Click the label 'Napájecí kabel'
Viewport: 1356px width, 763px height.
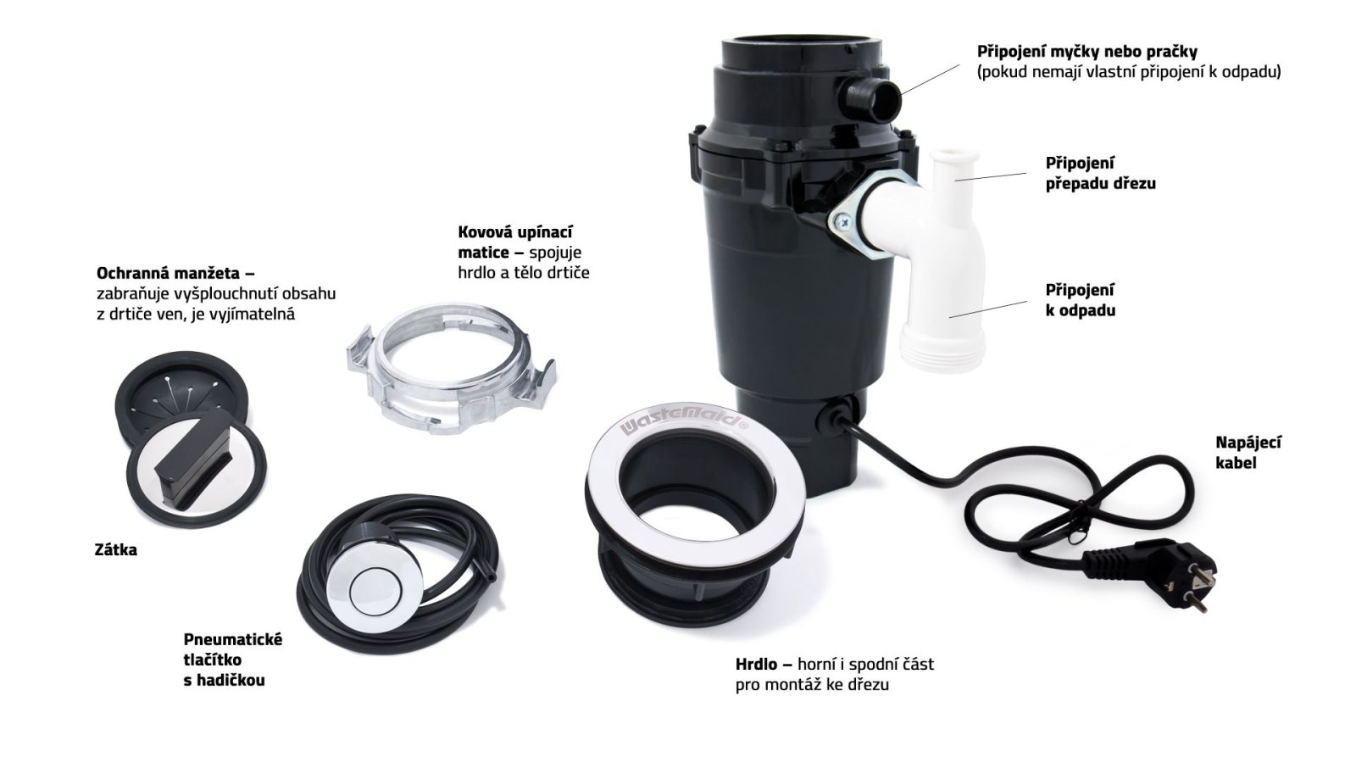1248,453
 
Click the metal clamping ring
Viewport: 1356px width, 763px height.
450,369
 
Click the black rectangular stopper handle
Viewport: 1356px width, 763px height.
192,457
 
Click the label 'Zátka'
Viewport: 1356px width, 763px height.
115,550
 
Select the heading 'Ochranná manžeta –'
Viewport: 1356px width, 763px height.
175,273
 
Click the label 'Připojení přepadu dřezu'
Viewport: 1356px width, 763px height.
1101,173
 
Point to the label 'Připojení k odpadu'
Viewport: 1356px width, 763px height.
1081,300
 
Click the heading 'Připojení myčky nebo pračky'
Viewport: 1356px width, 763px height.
1087,52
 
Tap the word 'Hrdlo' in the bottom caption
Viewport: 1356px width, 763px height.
756,665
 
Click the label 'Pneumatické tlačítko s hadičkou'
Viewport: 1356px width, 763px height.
233,660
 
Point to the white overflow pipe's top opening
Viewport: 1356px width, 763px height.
954,156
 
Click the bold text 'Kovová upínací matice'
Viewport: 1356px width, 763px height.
516,242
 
